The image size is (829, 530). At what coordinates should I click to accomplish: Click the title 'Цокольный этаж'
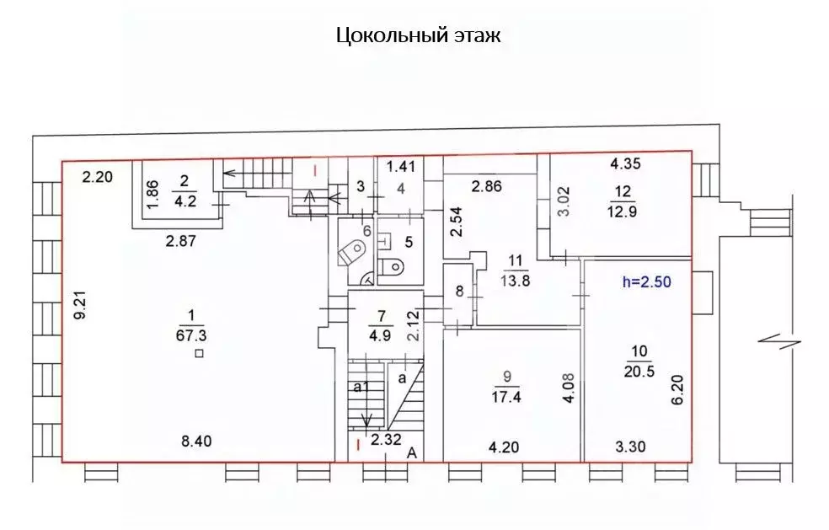pyautogui.click(x=419, y=35)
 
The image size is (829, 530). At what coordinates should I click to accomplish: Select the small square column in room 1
pyautogui.click(x=198, y=354)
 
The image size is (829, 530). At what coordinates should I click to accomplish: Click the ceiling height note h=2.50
pyautogui.click(x=647, y=282)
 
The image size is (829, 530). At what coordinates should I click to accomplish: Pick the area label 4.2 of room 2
pyautogui.click(x=185, y=201)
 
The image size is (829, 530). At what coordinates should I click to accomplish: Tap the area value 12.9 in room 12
pyautogui.click(x=621, y=211)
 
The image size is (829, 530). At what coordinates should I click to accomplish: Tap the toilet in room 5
pyautogui.click(x=390, y=267)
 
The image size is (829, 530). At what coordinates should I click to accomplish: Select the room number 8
pyautogui.click(x=458, y=292)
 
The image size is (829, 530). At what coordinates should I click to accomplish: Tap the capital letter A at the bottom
pyautogui.click(x=412, y=452)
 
